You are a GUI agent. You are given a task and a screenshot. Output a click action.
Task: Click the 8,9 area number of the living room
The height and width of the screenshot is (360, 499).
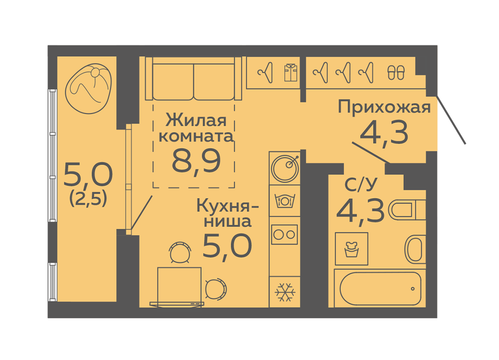[x=196, y=162]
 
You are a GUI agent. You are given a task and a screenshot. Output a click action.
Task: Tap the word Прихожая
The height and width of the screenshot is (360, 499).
[x=384, y=107]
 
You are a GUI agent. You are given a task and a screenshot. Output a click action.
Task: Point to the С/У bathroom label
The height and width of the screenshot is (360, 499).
[x=361, y=184]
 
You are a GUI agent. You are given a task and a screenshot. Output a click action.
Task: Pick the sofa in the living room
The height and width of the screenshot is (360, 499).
[x=193, y=79]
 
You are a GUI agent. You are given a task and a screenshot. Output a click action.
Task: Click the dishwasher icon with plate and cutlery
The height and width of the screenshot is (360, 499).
[x=285, y=201]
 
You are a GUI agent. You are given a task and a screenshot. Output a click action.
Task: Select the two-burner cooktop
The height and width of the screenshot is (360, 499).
[x=284, y=235]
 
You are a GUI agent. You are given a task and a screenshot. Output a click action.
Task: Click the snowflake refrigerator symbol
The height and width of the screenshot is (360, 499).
[x=285, y=292]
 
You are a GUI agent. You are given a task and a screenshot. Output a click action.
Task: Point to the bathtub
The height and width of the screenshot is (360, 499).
[x=380, y=289]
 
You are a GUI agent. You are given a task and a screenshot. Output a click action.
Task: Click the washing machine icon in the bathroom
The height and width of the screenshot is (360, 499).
[x=351, y=249]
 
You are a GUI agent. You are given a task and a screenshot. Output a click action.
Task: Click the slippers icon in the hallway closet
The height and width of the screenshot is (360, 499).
[x=396, y=73]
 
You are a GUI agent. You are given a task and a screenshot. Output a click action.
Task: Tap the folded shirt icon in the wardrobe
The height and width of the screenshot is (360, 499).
[x=291, y=73]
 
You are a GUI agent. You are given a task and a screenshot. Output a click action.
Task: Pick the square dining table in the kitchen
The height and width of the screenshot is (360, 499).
[x=180, y=285]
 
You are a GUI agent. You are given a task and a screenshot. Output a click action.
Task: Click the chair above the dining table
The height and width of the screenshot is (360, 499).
[x=181, y=252]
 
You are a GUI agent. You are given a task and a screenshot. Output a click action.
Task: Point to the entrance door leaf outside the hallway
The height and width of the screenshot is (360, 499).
[x=452, y=120]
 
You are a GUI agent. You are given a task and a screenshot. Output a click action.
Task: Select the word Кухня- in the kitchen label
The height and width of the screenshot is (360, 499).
[x=227, y=206]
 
